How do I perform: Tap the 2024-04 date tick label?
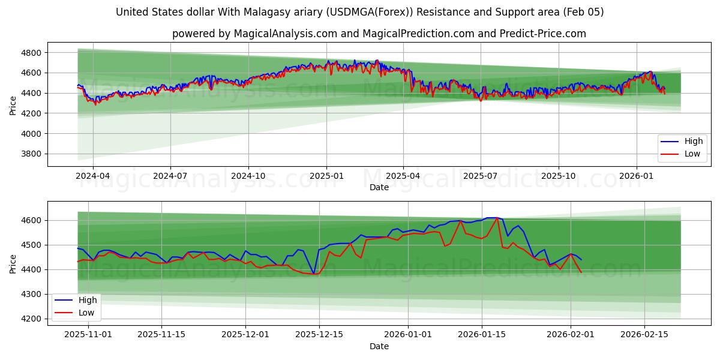(x=92, y=176)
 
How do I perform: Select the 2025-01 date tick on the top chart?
(x=326, y=176)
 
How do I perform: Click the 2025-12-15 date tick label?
(x=319, y=335)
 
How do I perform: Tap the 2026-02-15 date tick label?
(x=644, y=335)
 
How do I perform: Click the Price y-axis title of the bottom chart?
(x=13, y=263)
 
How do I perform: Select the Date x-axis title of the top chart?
(x=379, y=187)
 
